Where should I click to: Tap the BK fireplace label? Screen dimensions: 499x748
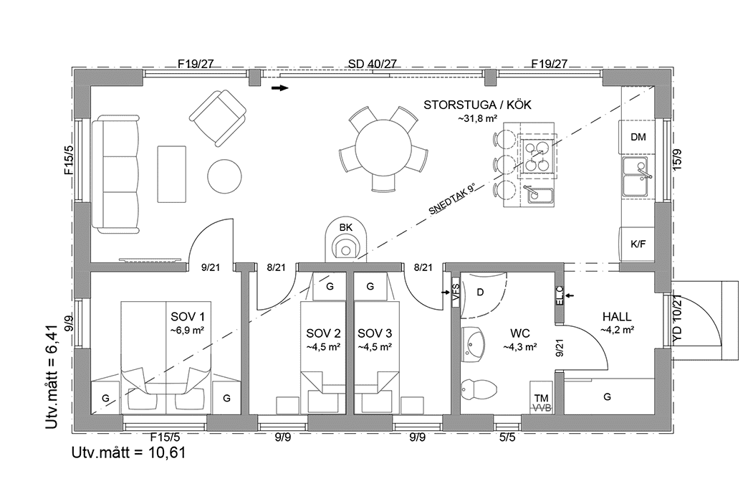[346, 227]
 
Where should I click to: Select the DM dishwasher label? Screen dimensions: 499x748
[638, 137]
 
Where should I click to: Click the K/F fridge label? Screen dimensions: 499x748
[638, 244]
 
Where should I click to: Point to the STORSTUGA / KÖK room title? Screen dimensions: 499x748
[477, 105]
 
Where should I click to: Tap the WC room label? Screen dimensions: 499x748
[520, 333]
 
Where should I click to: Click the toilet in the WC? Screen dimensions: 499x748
[476, 390]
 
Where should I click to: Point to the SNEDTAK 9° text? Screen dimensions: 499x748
[452, 200]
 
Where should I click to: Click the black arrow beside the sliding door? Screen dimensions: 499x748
[279, 88]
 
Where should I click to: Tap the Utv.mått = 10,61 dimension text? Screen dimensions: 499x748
[130, 453]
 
